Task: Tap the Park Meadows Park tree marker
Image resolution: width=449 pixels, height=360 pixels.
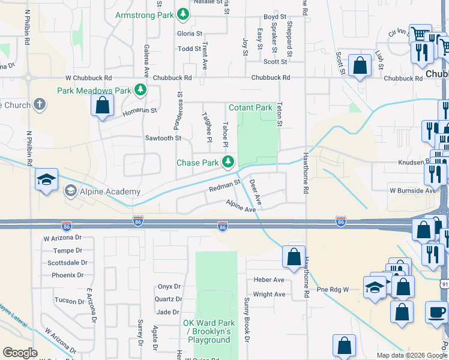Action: (x=140, y=91)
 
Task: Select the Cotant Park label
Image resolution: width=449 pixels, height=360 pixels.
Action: (x=250, y=108)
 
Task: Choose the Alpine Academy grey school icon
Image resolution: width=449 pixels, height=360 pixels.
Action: (x=70, y=191)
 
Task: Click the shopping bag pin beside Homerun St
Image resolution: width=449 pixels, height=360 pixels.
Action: (x=103, y=106)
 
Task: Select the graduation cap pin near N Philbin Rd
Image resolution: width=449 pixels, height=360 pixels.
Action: (x=46, y=181)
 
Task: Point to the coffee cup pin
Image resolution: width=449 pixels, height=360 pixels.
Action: (x=436, y=312)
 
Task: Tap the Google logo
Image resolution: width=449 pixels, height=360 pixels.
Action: (x=20, y=353)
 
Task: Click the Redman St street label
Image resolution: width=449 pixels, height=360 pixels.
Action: (x=224, y=185)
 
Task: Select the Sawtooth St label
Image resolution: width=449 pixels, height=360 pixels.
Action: (x=163, y=138)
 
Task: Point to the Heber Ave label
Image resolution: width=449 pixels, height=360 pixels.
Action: (x=269, y=280)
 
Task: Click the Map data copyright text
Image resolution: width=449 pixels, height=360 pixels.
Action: (x=412, y=355)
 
